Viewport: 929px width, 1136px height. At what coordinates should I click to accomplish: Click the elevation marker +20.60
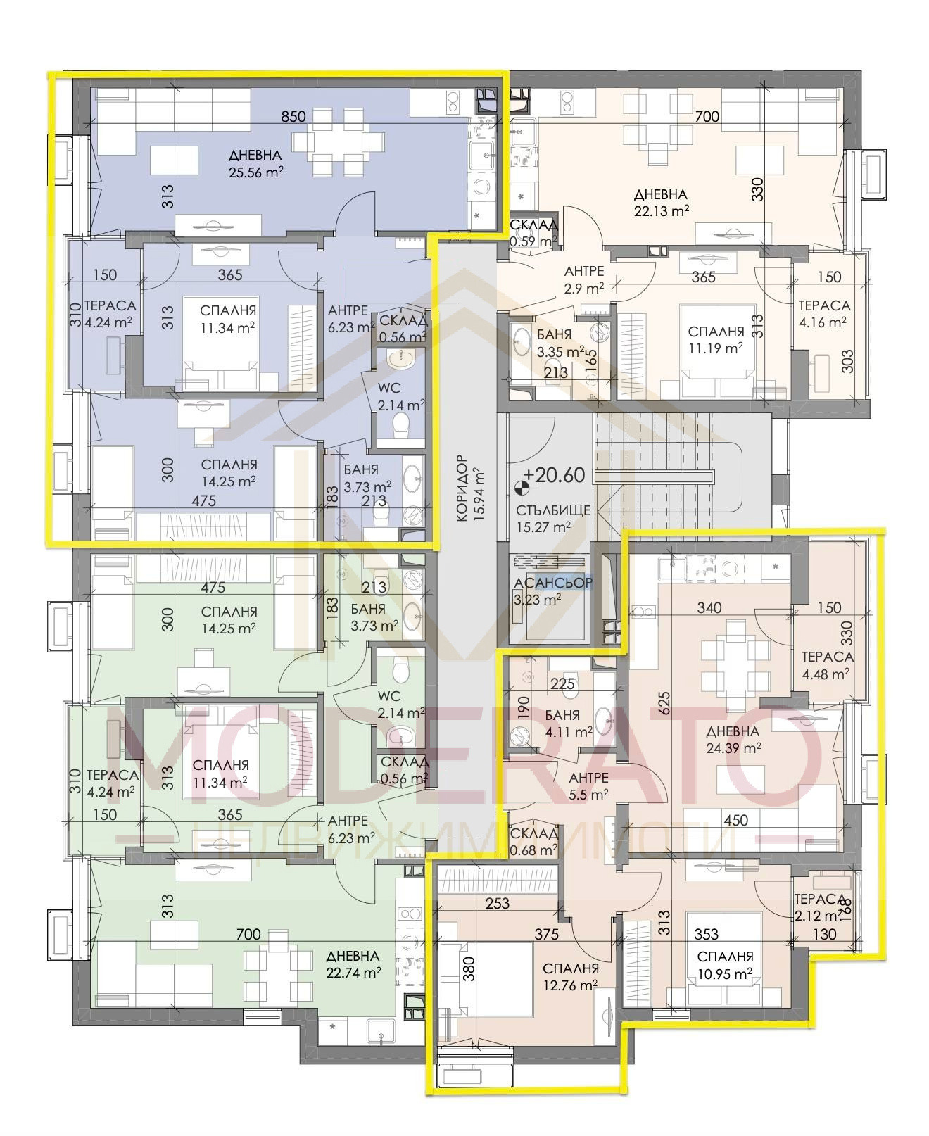point(553,475)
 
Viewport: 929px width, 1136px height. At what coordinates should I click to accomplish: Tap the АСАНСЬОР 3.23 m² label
point(553,591)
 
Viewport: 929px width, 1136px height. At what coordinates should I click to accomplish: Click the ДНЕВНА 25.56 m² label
point(255,163)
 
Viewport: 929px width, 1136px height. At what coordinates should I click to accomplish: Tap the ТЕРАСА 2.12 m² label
point(819,907)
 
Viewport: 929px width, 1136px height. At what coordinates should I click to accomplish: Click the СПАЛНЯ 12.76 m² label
point(570,976)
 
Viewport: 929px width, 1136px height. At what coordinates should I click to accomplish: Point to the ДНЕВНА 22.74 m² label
point(353,964)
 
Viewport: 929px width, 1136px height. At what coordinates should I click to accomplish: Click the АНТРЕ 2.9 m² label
point(583,279)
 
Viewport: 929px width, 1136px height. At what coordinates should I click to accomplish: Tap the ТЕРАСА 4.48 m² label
point(827,664)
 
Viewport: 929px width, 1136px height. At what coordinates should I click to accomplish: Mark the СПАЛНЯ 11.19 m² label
point(716,339)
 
